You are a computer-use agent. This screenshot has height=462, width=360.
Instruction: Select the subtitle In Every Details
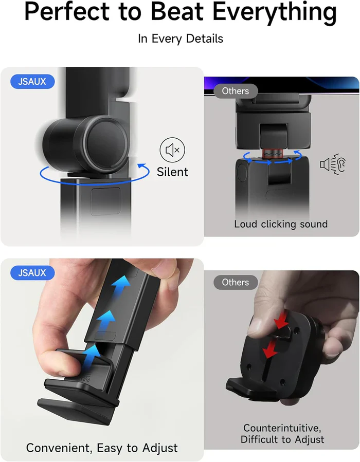pyautogui.click(x=180, y=39)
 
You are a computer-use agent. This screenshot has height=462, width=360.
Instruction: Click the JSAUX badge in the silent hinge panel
pyautogui.click(x=32, y=81)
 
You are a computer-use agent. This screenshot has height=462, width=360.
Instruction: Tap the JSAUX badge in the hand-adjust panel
pyautogui.click(x=32, y=273)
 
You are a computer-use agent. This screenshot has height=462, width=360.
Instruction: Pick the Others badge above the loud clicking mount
pyautogui.click(x=235, y=91)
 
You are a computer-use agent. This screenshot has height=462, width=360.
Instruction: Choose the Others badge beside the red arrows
pyautogui.click(x=235, y=282)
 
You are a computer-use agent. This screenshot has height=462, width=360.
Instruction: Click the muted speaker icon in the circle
pyautogui.click(x=172, y=150)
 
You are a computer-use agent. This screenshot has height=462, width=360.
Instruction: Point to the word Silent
pyautogui.click(x=172, y=172)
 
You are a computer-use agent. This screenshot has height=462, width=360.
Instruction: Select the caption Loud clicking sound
pyautogui.click(x=281, y=224)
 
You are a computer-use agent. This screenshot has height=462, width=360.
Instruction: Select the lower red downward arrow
pyautogui.click(x=268, y=352)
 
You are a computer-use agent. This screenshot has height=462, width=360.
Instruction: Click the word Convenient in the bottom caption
pyautogui.click(x=53, y=448)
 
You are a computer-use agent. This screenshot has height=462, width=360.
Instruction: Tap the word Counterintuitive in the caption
pyautogui.click(x=282, y=428)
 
